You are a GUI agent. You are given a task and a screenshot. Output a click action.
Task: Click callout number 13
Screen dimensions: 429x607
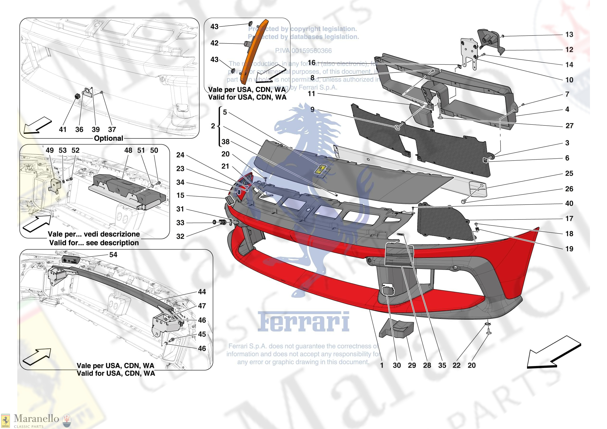569,34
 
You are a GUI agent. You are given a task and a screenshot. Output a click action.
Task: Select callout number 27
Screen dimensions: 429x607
569,126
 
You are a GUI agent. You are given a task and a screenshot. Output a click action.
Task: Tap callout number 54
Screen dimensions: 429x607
113,255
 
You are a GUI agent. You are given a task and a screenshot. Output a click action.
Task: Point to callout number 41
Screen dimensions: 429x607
63,129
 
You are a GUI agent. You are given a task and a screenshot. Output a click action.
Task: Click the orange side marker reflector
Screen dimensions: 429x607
253,53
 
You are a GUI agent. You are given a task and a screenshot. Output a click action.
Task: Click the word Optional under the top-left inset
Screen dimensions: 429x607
108,138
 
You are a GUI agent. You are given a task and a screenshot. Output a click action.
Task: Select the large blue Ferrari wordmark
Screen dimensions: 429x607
303,322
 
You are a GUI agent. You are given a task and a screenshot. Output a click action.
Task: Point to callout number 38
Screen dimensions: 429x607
225,142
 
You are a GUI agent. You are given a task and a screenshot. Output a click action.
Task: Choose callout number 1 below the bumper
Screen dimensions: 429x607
382,365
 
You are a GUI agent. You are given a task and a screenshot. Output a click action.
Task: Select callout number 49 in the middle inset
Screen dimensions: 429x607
50,150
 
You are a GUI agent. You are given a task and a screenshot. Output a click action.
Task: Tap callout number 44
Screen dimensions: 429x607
202,292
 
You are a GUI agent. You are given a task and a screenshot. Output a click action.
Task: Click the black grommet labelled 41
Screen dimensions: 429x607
77,96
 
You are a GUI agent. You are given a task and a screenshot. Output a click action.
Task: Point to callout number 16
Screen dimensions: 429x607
312,63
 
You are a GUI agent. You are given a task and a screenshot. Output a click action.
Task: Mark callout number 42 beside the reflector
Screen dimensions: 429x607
214,43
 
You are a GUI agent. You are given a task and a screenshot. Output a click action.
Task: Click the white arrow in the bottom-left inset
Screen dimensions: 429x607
37,356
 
